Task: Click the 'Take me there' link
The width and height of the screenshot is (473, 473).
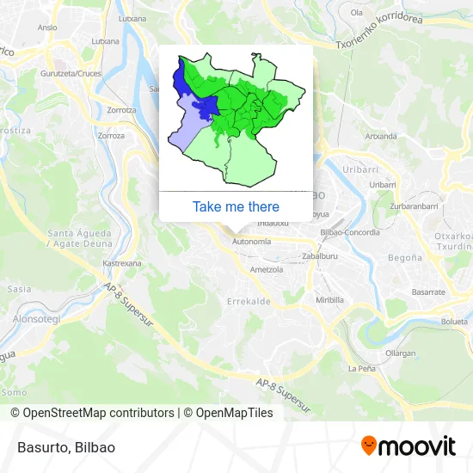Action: tap(236, 206)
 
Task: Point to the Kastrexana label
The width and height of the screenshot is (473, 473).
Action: tap(121, 263)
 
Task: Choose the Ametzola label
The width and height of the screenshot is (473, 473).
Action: tap(267, 269)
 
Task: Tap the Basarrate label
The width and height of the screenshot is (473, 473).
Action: tap(427, 292)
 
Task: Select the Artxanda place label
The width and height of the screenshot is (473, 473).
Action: tap(381, 136)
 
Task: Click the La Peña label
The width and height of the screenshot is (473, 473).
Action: tap(361, 368)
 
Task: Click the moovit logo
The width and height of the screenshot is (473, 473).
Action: tap(408, 445)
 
